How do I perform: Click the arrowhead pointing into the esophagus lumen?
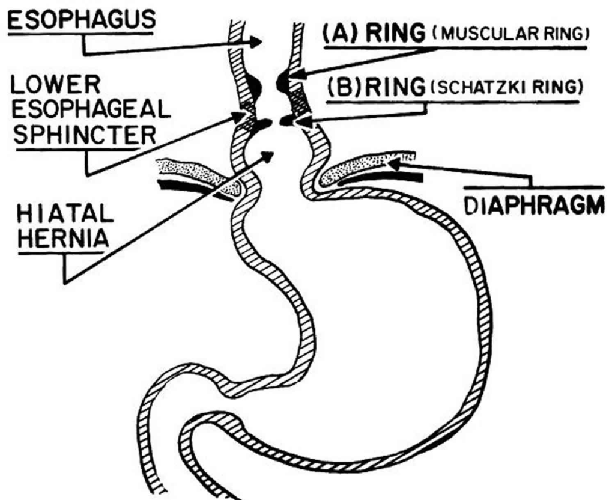point(256,42)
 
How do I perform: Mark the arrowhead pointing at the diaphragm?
point(394,163)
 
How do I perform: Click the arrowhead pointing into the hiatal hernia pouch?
point(269,157)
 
